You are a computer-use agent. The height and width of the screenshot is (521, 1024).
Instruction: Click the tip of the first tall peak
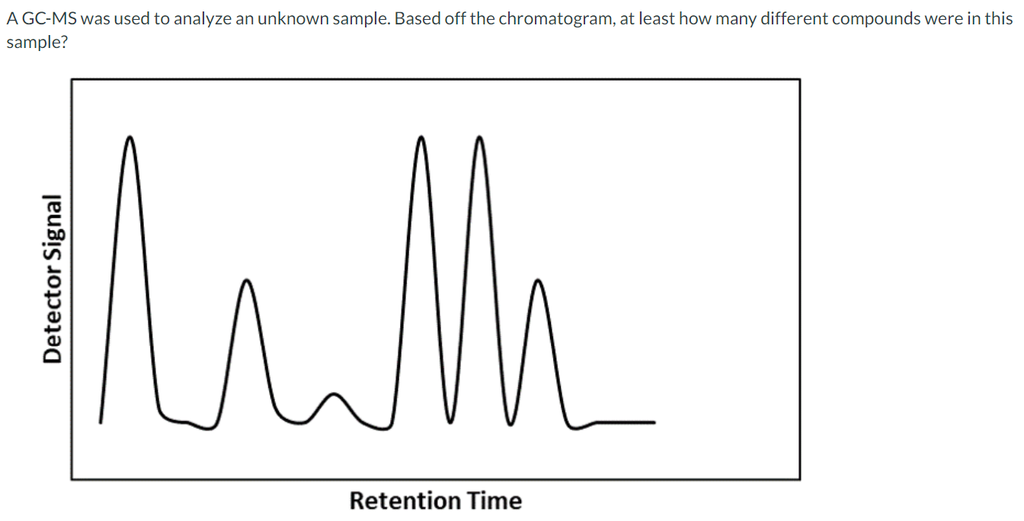[130, 138]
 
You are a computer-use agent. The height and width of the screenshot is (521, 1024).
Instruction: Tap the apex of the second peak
[246, 281]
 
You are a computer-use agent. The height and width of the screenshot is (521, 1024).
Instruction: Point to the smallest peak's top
[333, 394]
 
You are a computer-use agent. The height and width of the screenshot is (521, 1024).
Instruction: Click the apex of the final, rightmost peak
[539, 281]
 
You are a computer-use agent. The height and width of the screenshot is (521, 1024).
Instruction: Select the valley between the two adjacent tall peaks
[450, 420]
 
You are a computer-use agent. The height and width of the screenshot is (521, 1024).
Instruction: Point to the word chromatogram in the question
[549, 18]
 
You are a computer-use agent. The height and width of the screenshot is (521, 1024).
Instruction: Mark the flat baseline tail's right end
[653, 422]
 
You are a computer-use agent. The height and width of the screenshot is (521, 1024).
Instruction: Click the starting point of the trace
[101, 421]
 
